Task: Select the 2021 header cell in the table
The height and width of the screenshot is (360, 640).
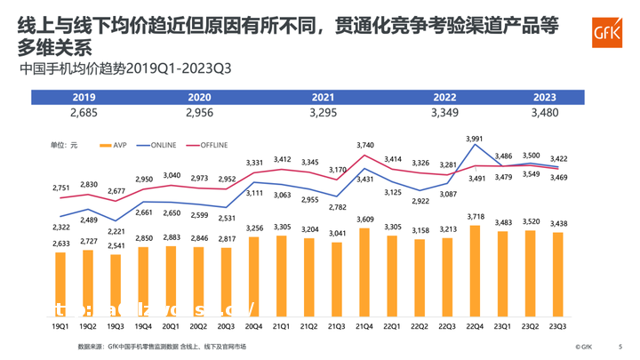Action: click(324, 97)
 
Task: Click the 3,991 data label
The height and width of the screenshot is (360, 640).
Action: click(475, 139)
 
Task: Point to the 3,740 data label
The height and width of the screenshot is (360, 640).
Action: click(364, 145)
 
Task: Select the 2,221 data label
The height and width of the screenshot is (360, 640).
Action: click(116, 232)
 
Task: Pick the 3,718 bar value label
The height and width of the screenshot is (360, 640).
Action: click(476, 217)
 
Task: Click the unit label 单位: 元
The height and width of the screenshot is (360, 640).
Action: click(64, 144)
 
